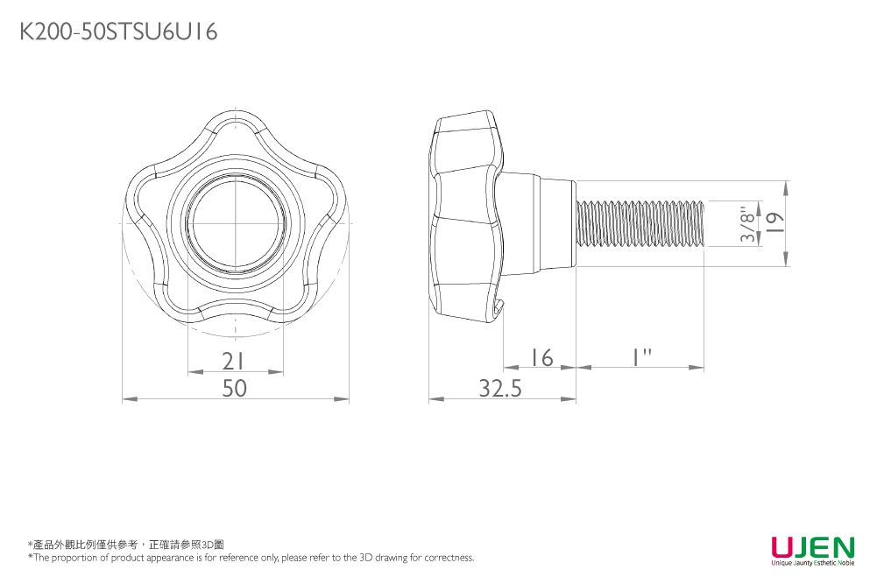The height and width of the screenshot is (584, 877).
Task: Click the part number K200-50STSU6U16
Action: coord(118,32)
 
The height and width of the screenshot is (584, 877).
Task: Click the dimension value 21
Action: coord(233,361)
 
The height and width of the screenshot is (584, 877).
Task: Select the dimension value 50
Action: coord(234,388)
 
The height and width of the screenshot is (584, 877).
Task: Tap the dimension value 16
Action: coord(541,357)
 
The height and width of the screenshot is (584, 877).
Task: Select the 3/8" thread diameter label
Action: coord(746,224)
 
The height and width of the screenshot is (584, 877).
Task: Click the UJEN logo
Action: coord(811,547)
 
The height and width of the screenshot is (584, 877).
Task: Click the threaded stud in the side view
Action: coord(640,223)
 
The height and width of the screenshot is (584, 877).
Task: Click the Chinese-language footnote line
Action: coord(126,545)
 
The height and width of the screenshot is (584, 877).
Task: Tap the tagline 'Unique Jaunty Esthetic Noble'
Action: coord(811,564)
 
